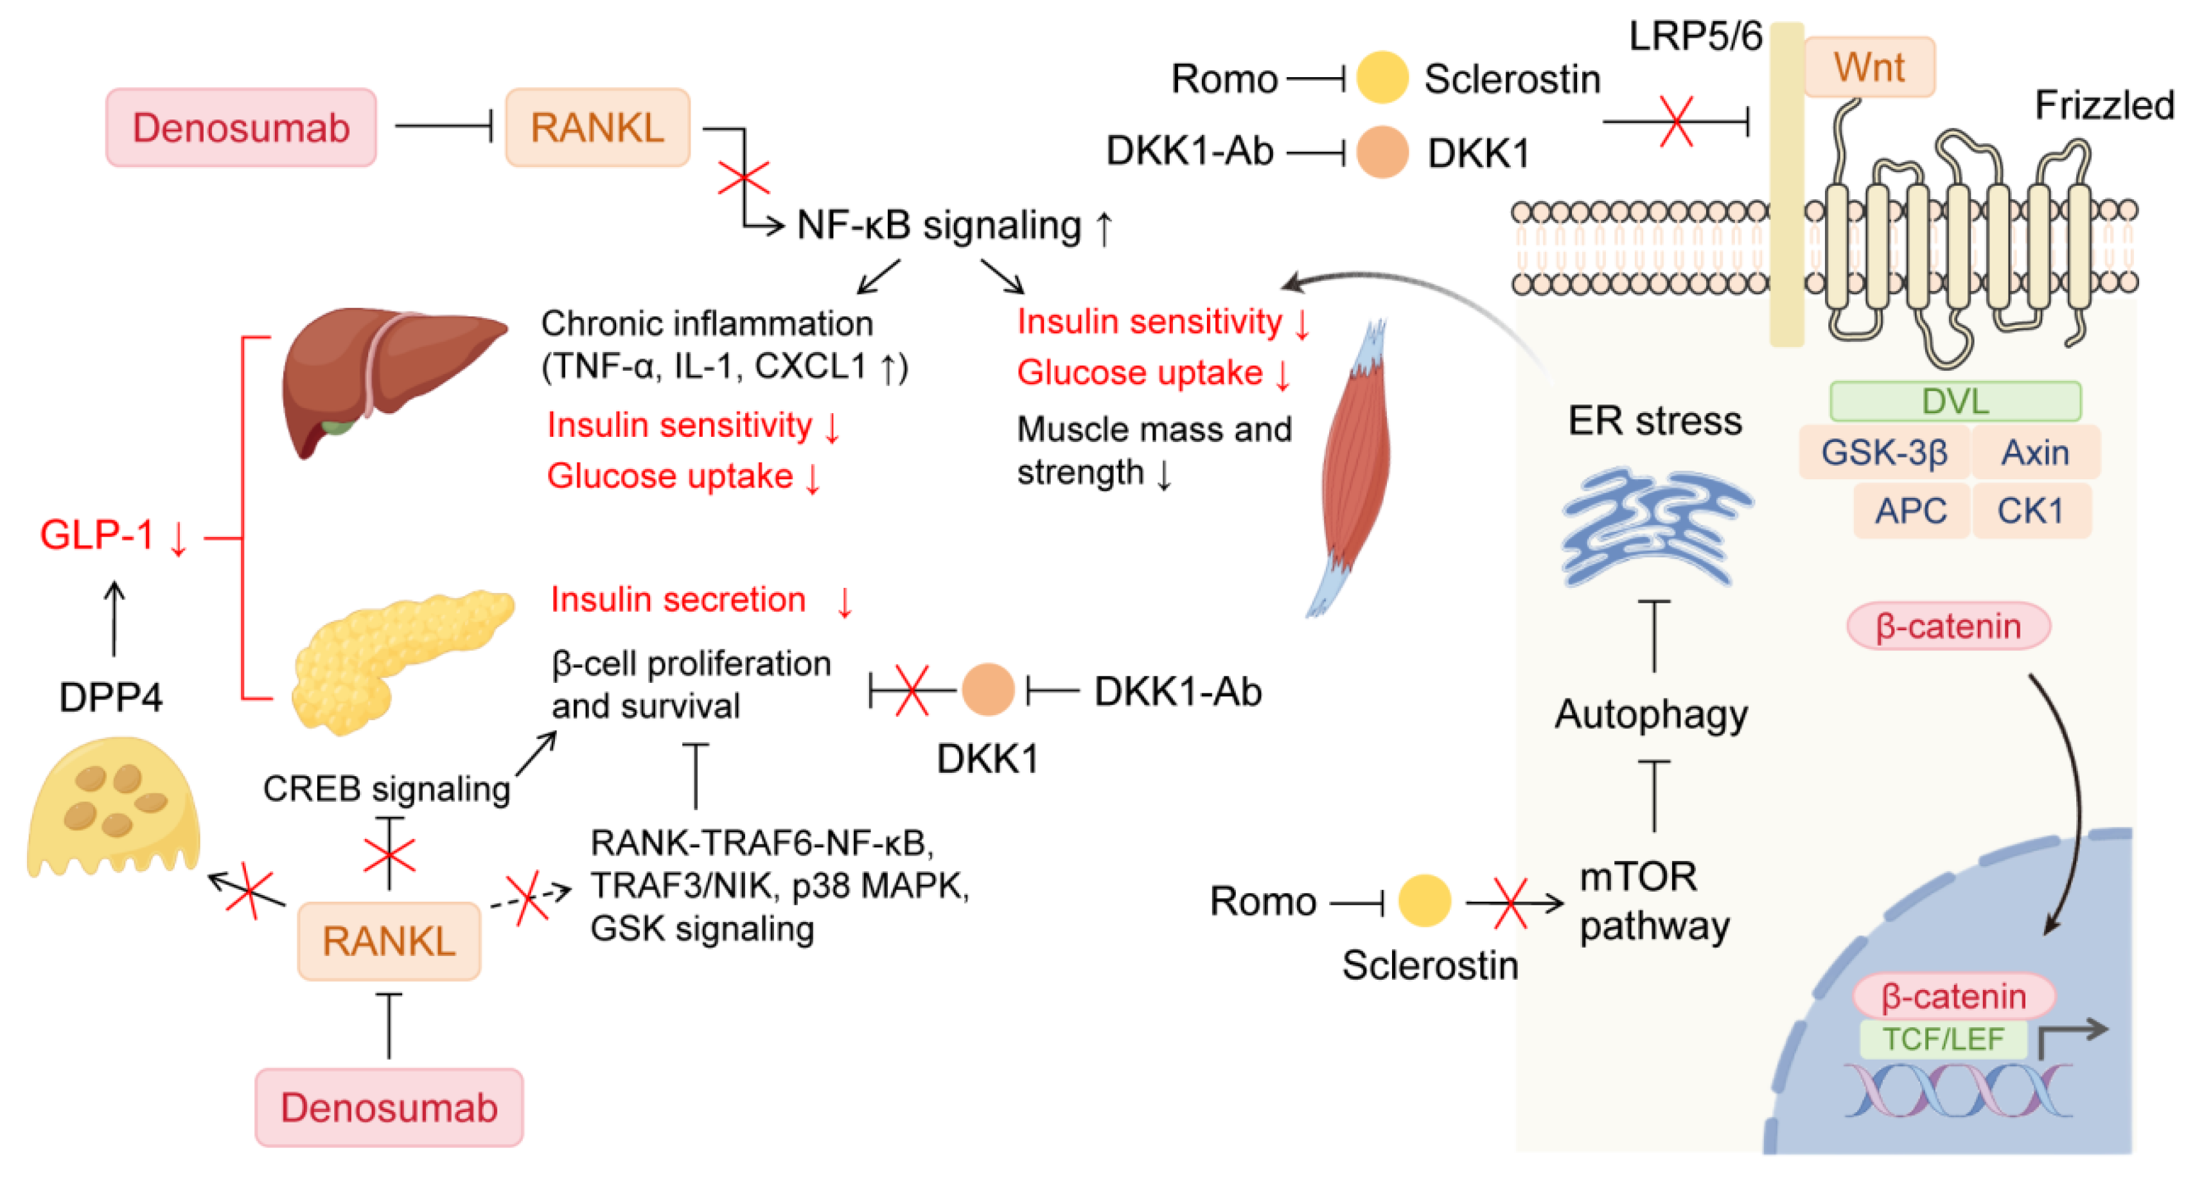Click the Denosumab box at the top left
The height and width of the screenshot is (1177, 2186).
241,127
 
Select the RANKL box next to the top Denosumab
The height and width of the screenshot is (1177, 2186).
597,127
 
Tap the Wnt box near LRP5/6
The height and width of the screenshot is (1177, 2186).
1869,67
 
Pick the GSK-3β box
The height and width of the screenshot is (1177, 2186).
1884,452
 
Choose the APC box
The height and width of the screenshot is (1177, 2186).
1910,511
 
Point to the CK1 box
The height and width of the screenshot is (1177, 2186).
2031,511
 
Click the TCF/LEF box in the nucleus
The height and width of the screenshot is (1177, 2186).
1943,1039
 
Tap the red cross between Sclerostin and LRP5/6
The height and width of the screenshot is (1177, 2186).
1676,121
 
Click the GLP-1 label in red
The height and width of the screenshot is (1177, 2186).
97,535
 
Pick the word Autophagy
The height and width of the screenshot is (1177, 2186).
1652,715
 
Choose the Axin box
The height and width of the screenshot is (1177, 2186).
2035,452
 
